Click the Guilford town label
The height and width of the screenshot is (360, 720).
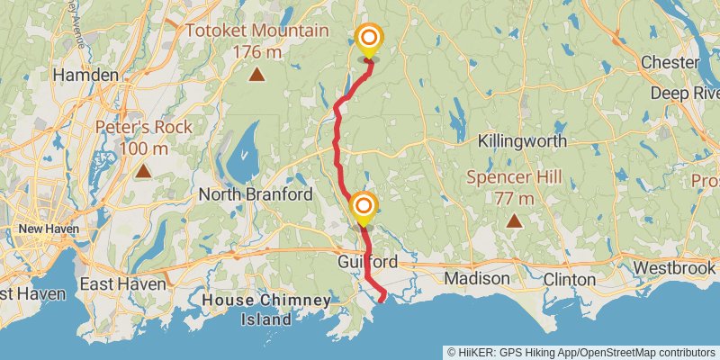(367, 261)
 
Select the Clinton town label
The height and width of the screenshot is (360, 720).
(570, 279)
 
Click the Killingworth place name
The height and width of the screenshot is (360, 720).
(522, 141)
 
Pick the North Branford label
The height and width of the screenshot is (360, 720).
(256, 194)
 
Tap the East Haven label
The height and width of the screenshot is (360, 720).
(122, 283)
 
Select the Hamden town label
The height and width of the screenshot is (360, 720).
(81, 76)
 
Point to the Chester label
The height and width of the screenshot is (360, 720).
(670, 62)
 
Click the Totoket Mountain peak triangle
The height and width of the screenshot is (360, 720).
(256, 76)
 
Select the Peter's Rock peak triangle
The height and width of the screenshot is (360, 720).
(143, 169)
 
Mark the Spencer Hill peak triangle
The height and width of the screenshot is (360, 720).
(513, 220)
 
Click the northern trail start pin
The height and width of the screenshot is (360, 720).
(369, 40)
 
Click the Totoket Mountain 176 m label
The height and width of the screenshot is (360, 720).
(256, 41)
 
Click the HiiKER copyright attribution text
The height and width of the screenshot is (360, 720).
(581, 352)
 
